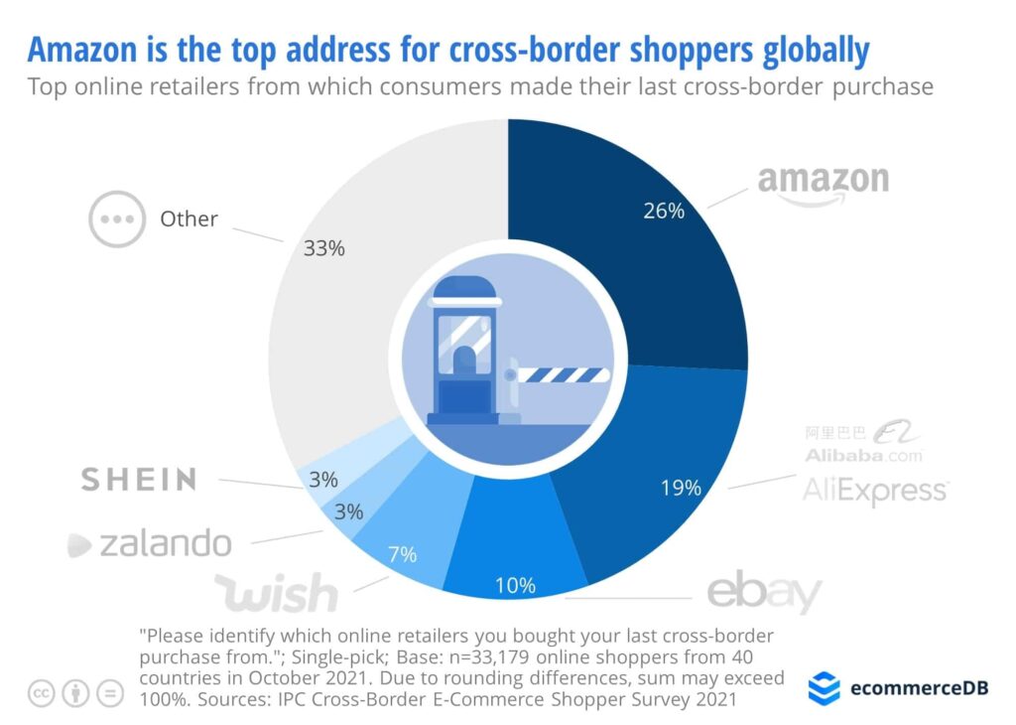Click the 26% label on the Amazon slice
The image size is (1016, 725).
[x=663, y=211]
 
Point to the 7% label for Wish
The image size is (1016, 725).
[x=402, y=553]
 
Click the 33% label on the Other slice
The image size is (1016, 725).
[x=323, y=248]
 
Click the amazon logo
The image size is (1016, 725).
[x=823, y=182]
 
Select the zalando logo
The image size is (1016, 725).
[x=150, y=543]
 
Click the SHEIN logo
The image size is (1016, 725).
[x=139, y=480]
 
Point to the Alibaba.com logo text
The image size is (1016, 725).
[x=863, y=456]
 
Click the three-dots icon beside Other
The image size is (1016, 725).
[x=117, y=217]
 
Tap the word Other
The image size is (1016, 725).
[x=189, y=218]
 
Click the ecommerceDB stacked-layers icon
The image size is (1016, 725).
[x=824, y=687]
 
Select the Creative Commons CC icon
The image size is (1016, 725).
[x=42, y=694]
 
